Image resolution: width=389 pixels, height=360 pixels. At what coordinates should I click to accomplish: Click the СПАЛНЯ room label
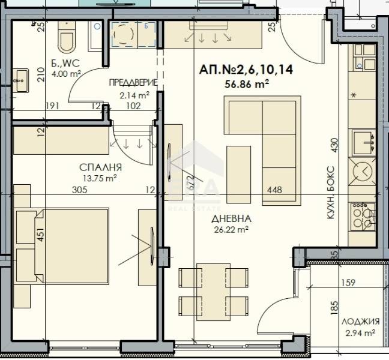coord(100,167)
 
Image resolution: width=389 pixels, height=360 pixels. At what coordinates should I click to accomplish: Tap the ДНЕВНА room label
coord(231,218)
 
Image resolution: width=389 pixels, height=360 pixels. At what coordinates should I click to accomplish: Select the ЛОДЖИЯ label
coord(360,322)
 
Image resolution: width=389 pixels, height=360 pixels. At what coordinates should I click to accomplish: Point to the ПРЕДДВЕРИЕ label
coord(133,83)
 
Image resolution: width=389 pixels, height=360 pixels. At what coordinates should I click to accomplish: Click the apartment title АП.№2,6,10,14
coord(246,70)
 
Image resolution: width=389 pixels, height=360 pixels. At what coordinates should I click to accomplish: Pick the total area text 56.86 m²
coord(247,84)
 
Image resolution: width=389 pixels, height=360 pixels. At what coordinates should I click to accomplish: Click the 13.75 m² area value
coord(100,178)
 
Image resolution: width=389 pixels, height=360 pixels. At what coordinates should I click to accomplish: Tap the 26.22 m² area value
coord(231,230)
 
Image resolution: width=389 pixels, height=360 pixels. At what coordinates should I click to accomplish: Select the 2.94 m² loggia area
coord(360,332)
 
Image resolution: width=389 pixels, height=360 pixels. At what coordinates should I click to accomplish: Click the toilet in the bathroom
coord(67,37)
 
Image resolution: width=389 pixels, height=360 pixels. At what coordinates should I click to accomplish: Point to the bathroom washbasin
coord(20,80)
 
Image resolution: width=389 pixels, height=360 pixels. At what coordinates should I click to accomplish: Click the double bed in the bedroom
coord(71,246)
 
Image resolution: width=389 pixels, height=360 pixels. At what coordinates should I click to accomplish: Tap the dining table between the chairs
coord(214,292)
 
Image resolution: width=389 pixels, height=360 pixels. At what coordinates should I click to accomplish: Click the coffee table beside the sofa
coord(239,175)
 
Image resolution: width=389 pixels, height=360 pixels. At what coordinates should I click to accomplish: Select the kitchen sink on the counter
coord(363,143)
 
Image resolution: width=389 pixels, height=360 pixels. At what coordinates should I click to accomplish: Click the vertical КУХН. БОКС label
coord(331,193)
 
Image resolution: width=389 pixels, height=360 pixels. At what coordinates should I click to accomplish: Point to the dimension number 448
coord(274,190)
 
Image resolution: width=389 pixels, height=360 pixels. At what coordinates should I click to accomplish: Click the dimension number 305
coord(80,190)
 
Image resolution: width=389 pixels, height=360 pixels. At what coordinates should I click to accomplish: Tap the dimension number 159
coord(348,283)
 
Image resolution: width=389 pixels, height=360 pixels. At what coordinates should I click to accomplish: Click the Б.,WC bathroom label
coord(65,63)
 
